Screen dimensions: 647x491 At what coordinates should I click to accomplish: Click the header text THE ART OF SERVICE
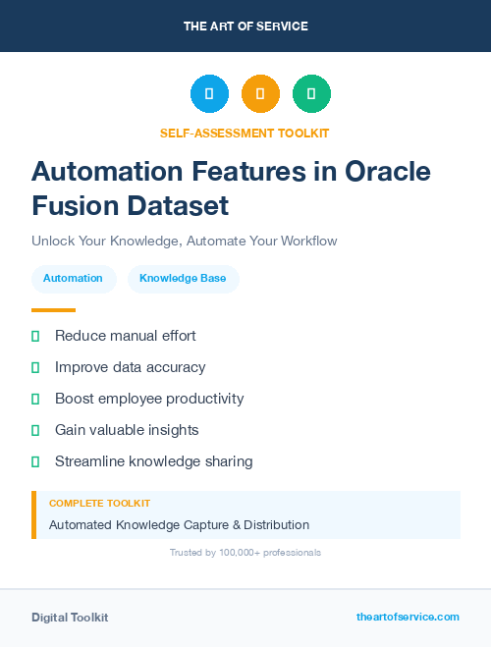click(x=245, y=26)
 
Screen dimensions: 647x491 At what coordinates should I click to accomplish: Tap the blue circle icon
click(x=209, y=93)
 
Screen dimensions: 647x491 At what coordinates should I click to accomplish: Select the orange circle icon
click(x=260, y=93)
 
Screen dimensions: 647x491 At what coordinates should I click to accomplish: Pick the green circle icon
click(x=311, y=93)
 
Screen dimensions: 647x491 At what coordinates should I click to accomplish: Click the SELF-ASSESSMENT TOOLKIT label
click(x=245, y=133)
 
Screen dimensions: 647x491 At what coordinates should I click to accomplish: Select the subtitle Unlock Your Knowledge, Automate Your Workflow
click(x=185, y=241)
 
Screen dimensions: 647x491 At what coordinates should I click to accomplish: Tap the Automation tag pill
click(x=73, y=278)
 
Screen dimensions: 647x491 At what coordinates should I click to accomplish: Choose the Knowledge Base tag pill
click(x=183, y=278)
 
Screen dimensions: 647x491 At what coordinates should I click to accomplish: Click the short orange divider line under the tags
click(x=53, y=310)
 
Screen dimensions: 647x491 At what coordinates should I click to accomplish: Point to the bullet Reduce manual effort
click(x=125, y=336)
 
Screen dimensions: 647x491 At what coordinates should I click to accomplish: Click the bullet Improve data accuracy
click(x=130, y=367)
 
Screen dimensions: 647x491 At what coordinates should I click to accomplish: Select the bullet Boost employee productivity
click(x=148, y=399)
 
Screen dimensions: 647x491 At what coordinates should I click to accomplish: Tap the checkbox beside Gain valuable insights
click(x=35, y=430)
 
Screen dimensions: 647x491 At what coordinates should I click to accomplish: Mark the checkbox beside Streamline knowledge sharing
click(x=35, y=461)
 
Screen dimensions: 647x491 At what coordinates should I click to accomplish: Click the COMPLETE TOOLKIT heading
click(x=99, y=503)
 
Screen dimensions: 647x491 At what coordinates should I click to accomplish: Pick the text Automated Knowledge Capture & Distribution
click(x=179, y=524)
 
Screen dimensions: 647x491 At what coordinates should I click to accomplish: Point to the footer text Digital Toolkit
click(x=70, y=618)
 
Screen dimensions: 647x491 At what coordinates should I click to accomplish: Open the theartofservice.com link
click(x=408, y=617)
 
